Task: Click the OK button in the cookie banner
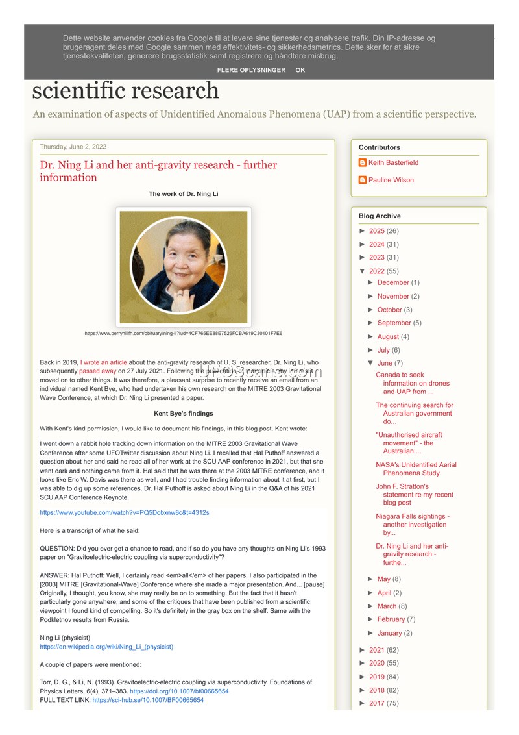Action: tap(300, 70)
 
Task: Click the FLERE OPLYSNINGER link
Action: tap(251, 70)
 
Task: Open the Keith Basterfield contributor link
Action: tap(393, 163)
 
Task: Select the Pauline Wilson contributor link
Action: tap(391, 180)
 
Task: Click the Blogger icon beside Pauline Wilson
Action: tap(363, 180)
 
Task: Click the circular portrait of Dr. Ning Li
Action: tap(184, 265)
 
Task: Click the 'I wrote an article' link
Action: tap(104, 362)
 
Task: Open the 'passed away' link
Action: tap(97, 371)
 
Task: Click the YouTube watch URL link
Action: tap(125, 512)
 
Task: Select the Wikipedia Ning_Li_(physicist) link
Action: tap(106, 647)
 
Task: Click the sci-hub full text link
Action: tap(148, 701)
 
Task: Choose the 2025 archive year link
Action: tap(377, 231)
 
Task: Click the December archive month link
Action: tap(393, 283)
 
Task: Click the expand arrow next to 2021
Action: tap(363, 650)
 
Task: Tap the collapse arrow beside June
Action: tap(370, 363)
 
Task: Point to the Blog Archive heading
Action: tap(380, 216)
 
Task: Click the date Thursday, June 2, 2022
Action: tap(73, 147)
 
